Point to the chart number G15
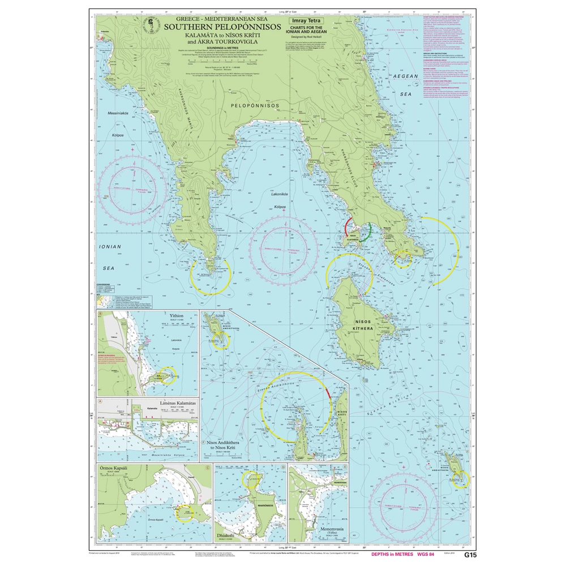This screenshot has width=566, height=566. click(x=470, y=555)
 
